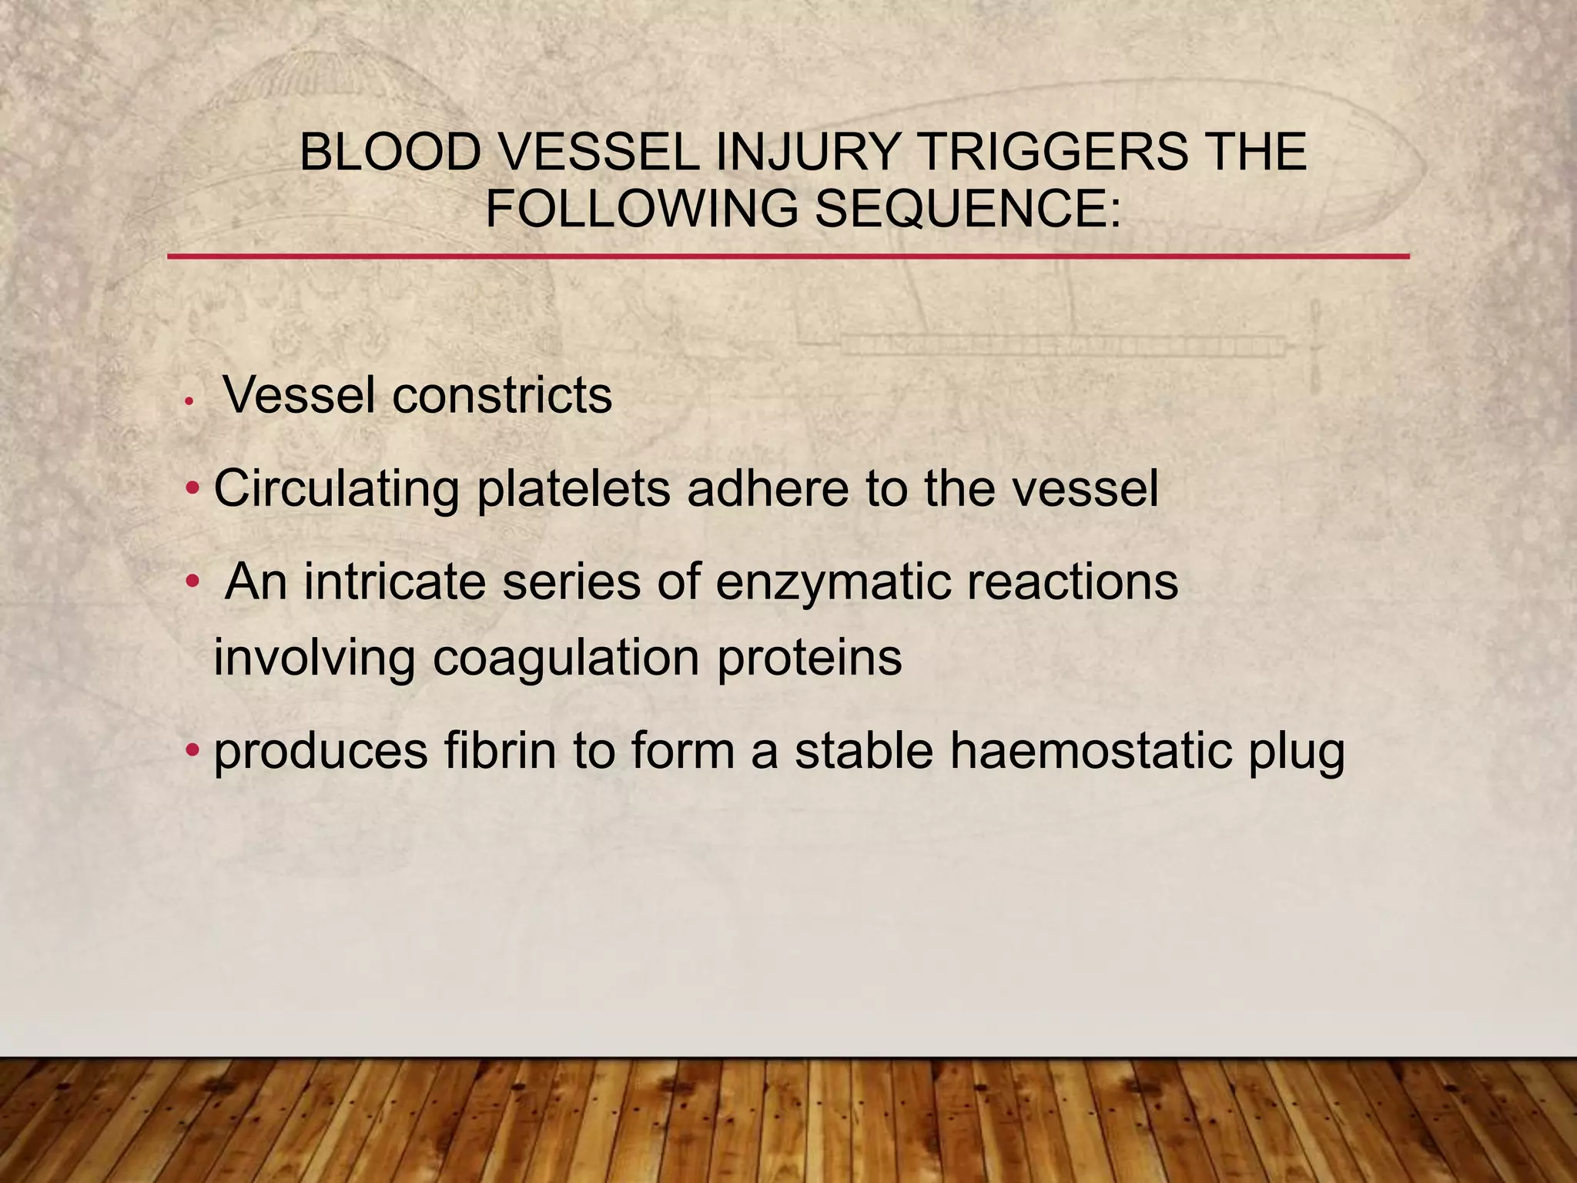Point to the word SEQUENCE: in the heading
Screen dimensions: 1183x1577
pyautogui.click(x=967, y=209)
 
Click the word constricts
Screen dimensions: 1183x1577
pyautogui.click(x=502, y=396)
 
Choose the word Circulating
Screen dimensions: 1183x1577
pyautogui.click(x=336, y=488)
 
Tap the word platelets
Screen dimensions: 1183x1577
pyautogui.click(x=573, y=488)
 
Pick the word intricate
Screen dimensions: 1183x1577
pyautogui.click(x=394, y=581)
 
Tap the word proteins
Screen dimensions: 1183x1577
pyautogui.click(x=809, y=659)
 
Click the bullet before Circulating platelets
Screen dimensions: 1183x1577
pyautogui.click(x=193, y=488)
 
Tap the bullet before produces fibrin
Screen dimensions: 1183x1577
pyautogui.click(x=193, y=749)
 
